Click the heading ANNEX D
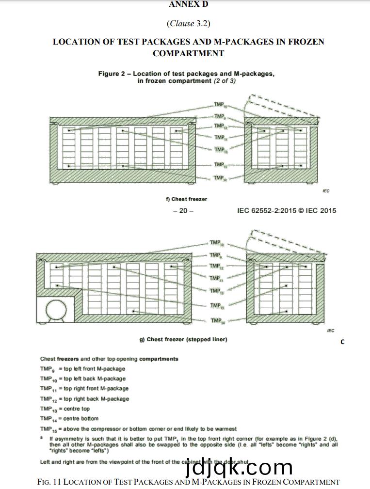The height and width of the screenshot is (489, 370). [x=188, y=4]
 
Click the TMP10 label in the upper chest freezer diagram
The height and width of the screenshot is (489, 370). [x=220, y=105]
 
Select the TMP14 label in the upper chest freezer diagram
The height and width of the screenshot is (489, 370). [x=220, y=178]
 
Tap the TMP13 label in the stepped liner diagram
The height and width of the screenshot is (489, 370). [x=216, y=291]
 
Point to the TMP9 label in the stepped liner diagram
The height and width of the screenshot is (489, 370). [x=215, y=255]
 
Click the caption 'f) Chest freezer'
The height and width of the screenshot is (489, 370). [x=186, y=199]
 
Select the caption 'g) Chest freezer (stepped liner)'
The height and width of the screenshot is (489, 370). [x=183, y=339]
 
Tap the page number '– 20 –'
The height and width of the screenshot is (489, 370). [x=183, y=210]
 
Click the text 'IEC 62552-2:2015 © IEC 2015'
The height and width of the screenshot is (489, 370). [x=286, y=210]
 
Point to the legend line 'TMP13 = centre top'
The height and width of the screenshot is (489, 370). [x=65, y=409]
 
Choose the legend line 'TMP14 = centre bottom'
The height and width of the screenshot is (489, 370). [x=69, y=418]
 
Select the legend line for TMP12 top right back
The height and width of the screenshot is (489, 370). [x=84, y=399]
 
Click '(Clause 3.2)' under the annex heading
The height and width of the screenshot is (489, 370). [x=188, y=23]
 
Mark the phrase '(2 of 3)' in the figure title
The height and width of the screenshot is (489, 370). [x=225, y=81]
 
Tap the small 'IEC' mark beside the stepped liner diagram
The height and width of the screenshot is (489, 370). [x=331, y=331]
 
